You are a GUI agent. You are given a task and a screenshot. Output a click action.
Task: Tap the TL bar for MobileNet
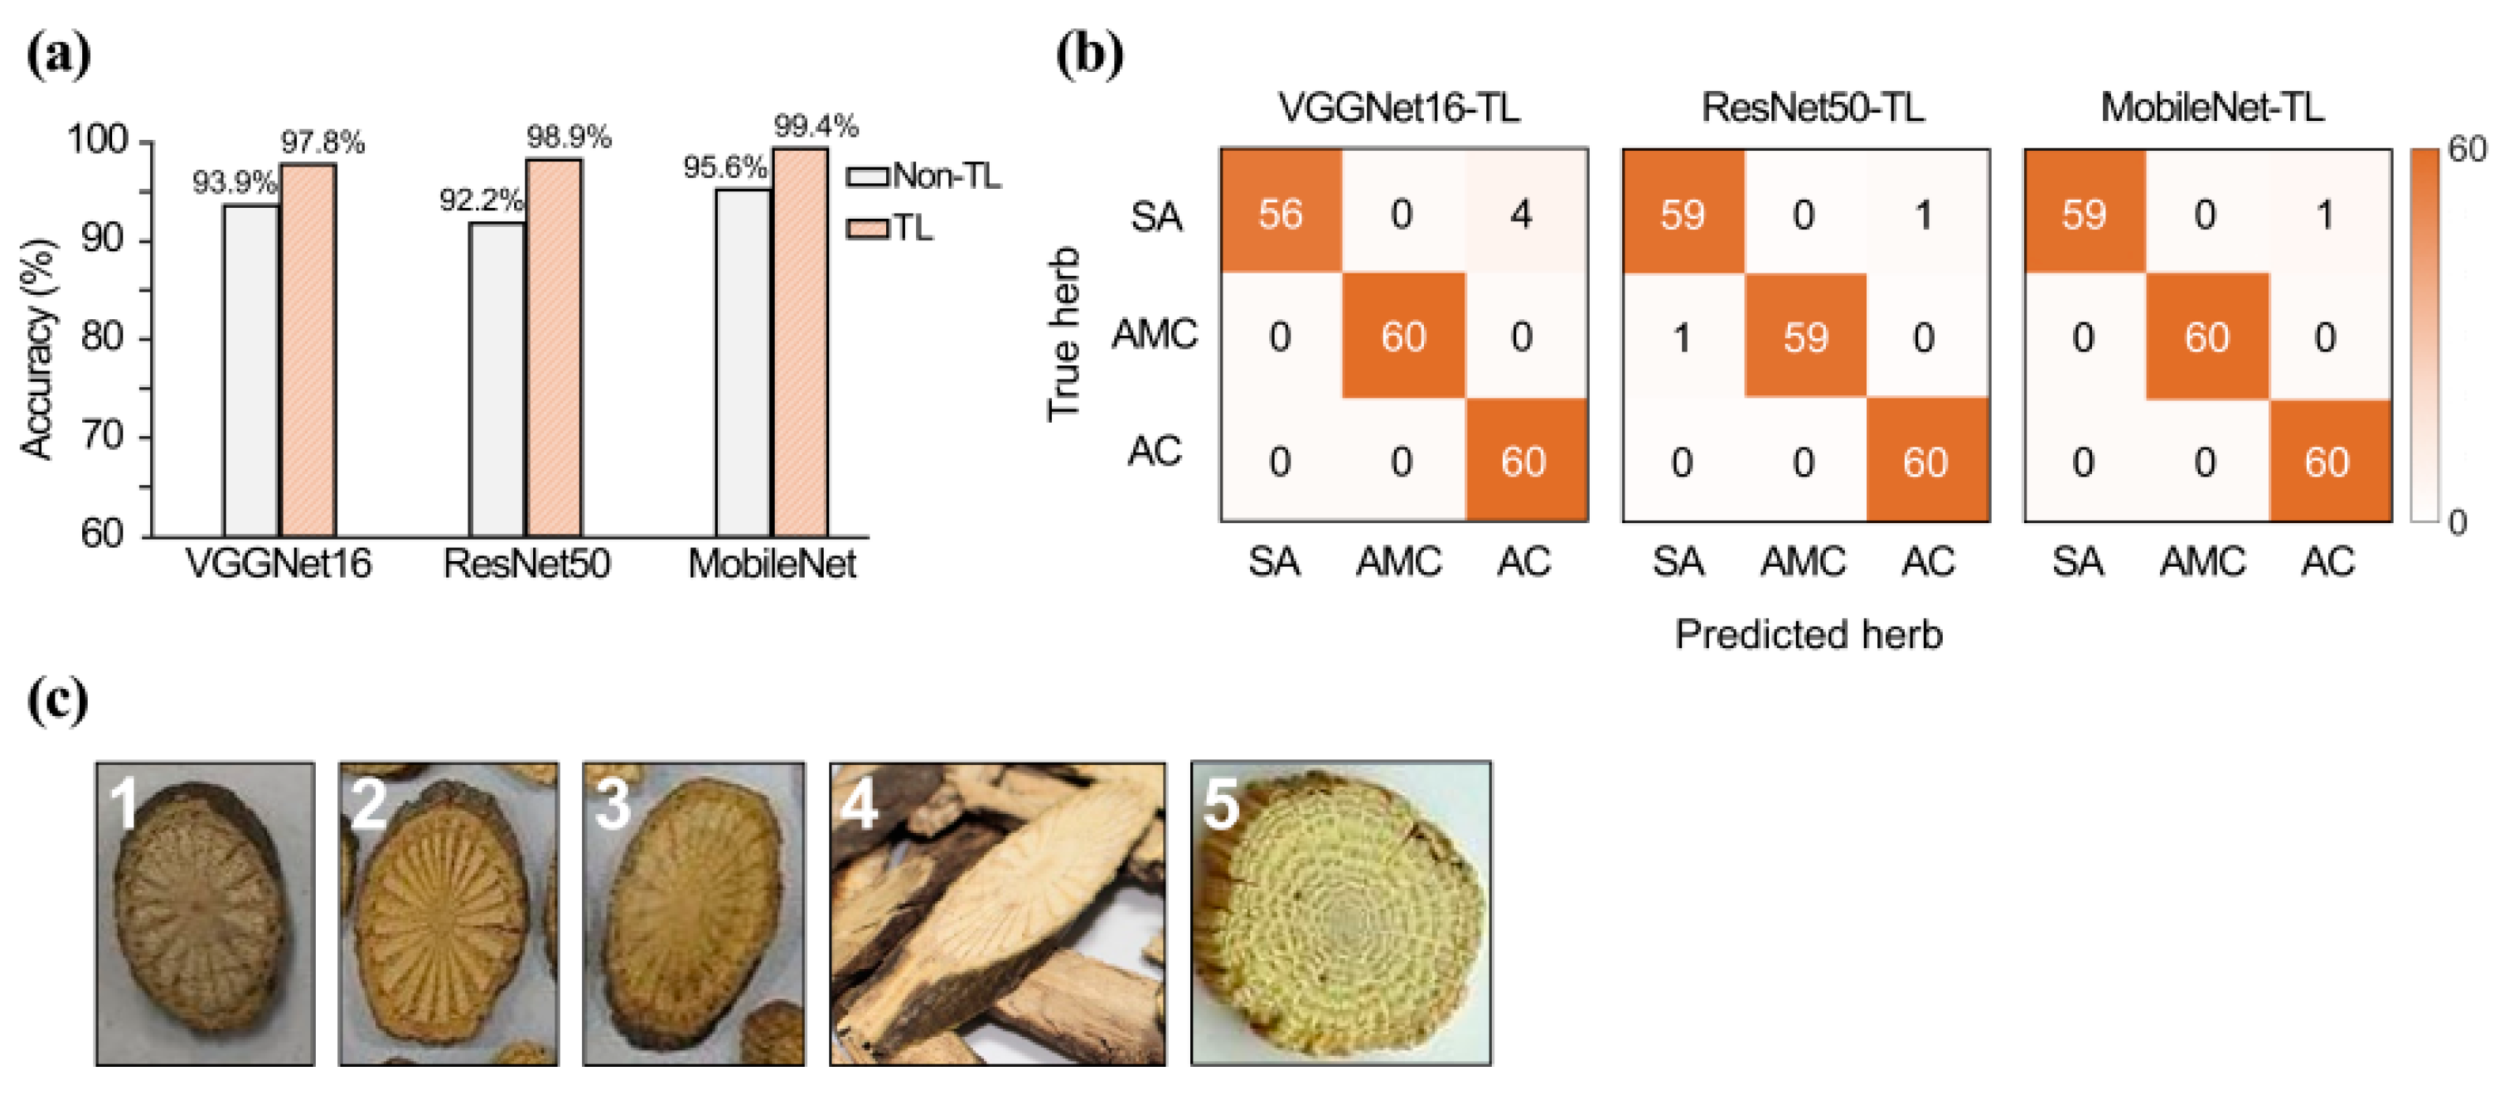point(801,341)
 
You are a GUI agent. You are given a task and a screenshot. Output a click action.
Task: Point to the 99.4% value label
point(815,126)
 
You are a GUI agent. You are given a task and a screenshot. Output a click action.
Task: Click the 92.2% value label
point(481,201)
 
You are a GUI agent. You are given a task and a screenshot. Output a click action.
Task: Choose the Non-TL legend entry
point(923,176)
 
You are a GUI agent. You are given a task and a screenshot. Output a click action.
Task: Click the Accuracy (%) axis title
point(38,349)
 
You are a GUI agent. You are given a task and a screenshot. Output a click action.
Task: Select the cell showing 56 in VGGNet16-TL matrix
point(1280,213)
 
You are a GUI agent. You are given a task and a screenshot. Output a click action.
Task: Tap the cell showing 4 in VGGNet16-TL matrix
point(1521,213)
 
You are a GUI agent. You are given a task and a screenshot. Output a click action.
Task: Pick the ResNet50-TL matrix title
point(1812,107)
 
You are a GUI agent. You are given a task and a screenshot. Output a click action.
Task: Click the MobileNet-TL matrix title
point(2212,107)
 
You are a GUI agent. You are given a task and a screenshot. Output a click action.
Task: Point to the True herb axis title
point(1064,334)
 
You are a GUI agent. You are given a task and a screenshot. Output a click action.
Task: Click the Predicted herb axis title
point(1809,635)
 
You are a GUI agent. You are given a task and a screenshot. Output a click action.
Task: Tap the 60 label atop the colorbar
point(2467,149)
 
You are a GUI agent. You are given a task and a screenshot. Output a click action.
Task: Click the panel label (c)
point(58,701)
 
